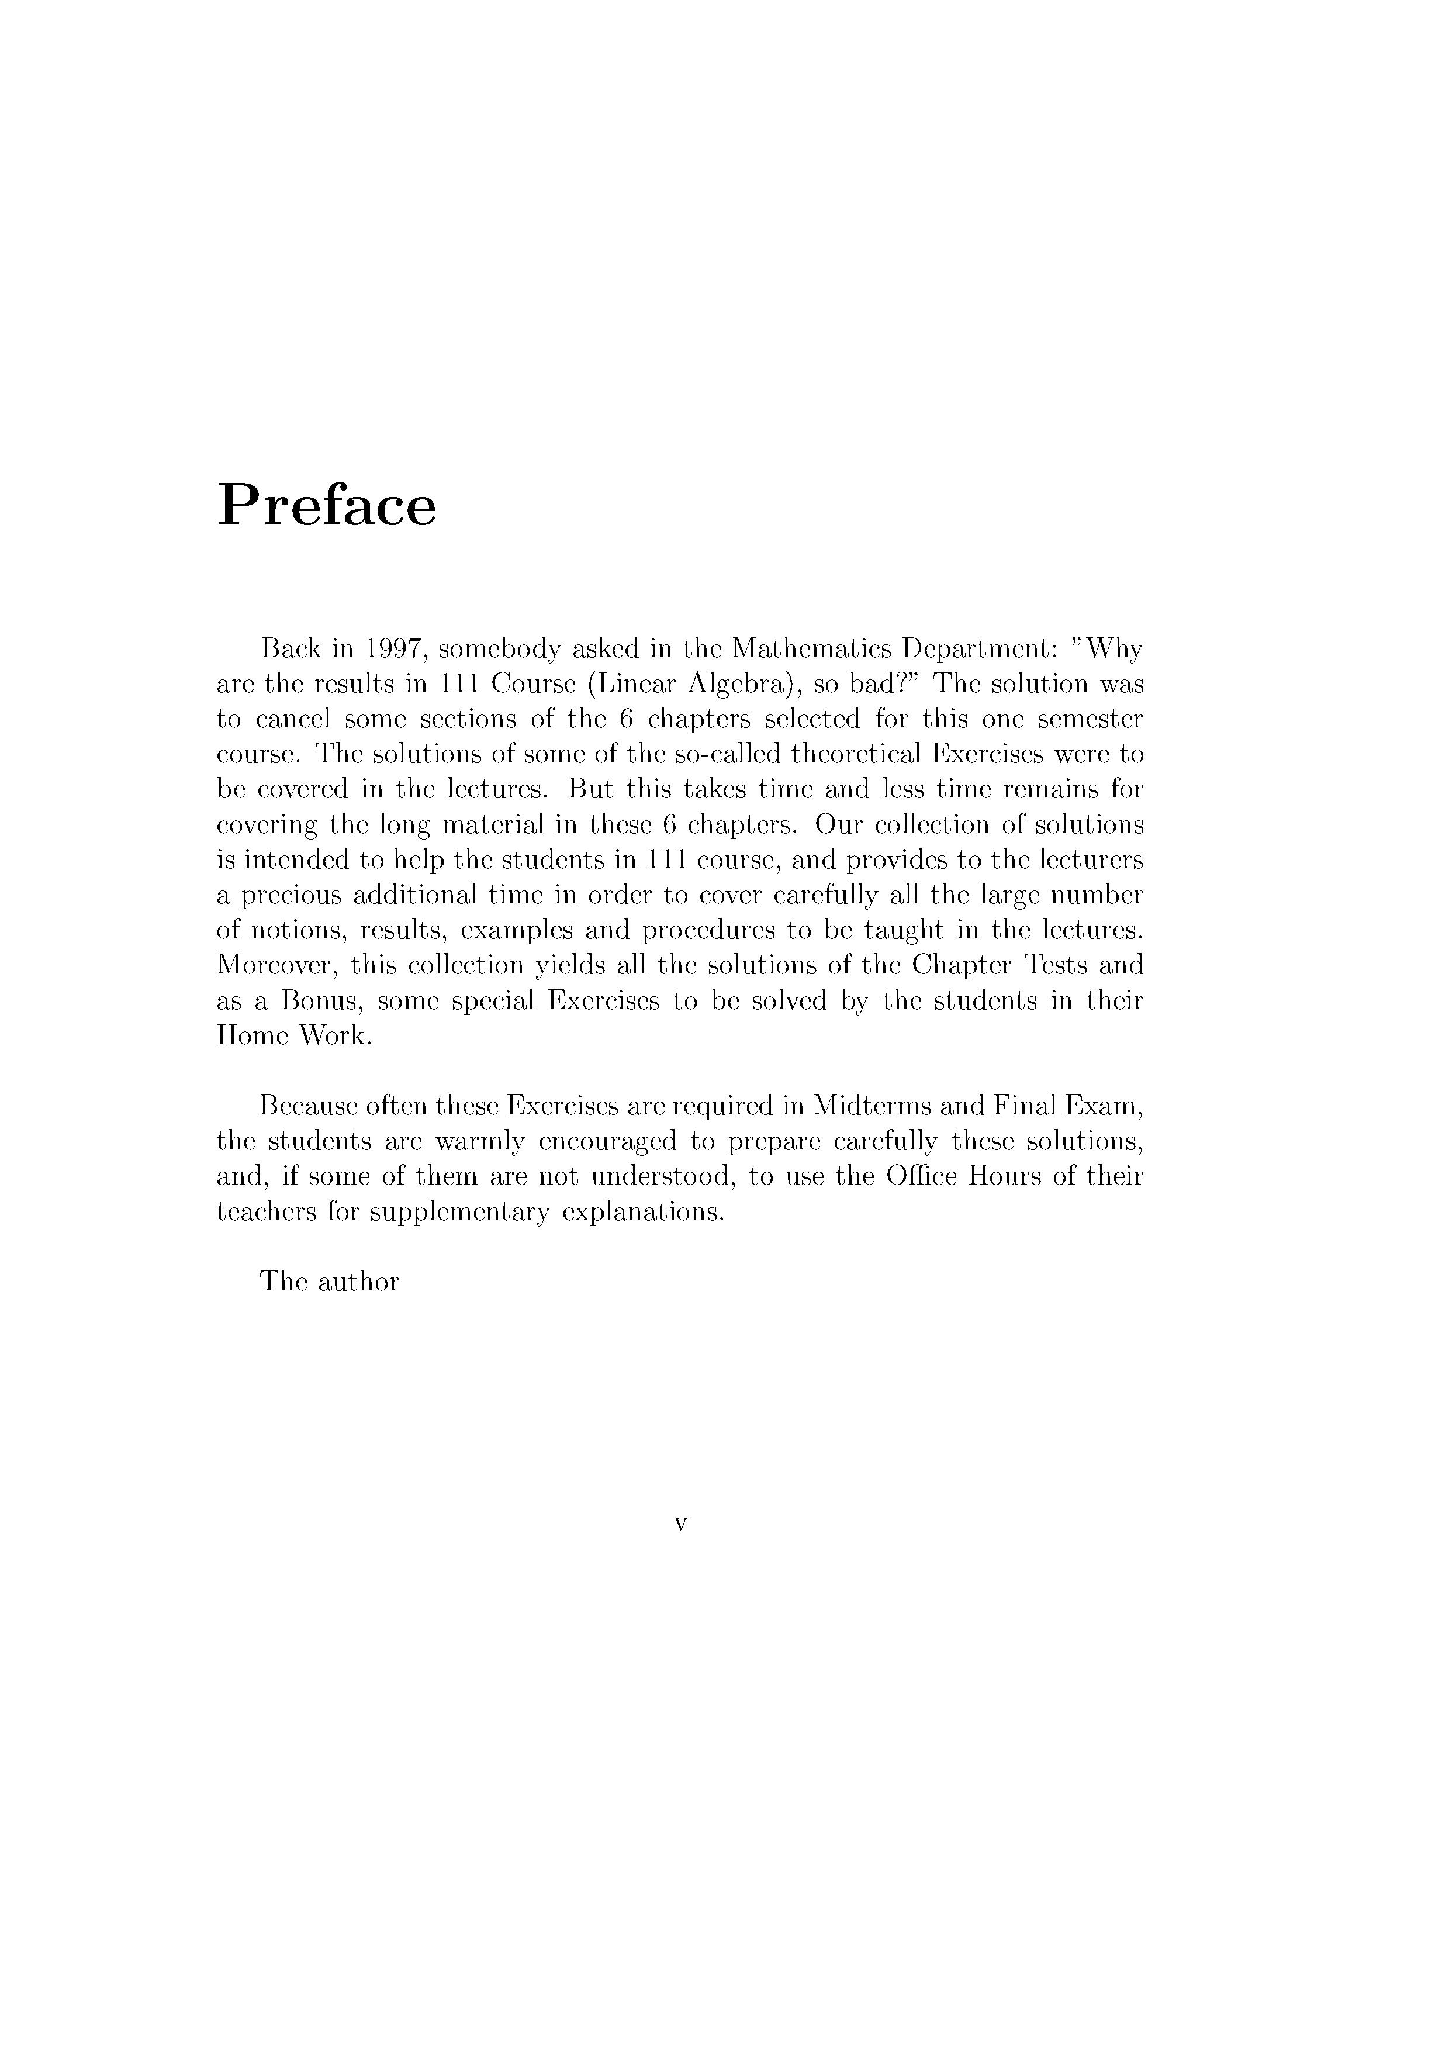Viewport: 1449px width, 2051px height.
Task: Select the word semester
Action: (x=1082, y=719)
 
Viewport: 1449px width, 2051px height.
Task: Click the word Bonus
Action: (x=320, y=1000)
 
